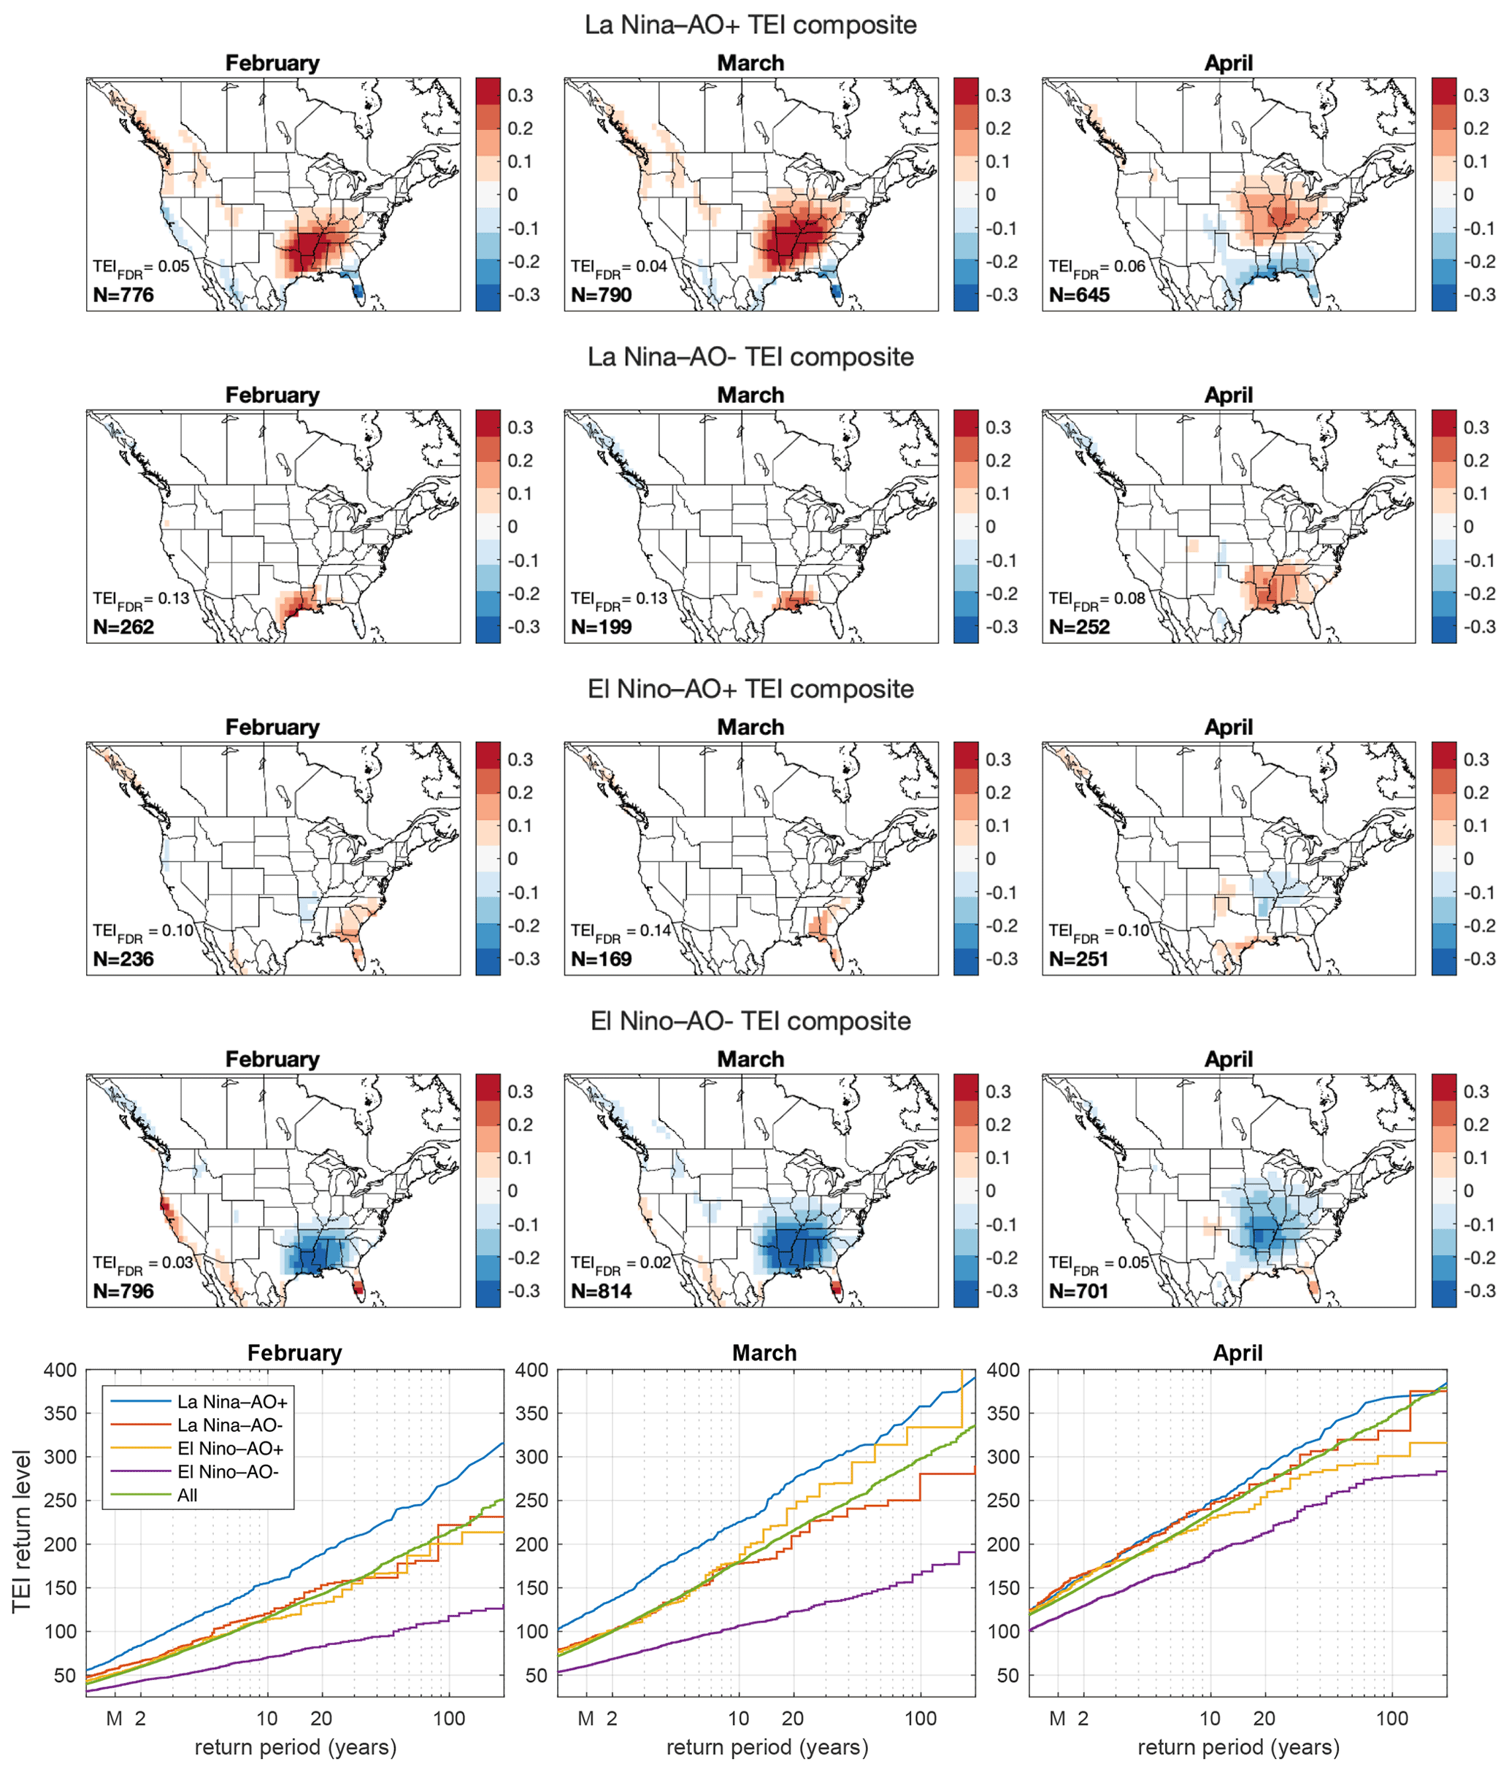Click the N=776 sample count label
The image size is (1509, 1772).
(x=123, y=295)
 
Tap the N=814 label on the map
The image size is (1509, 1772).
(x=602, y=1290)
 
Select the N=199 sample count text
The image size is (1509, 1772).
(x=602, y=627)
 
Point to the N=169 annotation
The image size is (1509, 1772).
(x=602, y=959)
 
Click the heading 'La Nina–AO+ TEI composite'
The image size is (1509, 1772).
(x=750, y=25)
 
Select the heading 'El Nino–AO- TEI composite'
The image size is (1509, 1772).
(x=750, y=1020)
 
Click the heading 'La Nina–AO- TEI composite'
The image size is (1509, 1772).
(x=750, y=357)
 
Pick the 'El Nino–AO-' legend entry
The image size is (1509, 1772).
(x=229, y=1472)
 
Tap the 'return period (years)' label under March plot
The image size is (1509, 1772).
(x=767, y=1746)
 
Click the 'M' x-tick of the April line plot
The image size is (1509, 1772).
(x=1057, y=1718)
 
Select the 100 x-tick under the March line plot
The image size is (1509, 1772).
(x=921, y=1718)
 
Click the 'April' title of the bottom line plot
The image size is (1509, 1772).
(x=1237, y=1353)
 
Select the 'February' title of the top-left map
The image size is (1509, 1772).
(x=272, y=63)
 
